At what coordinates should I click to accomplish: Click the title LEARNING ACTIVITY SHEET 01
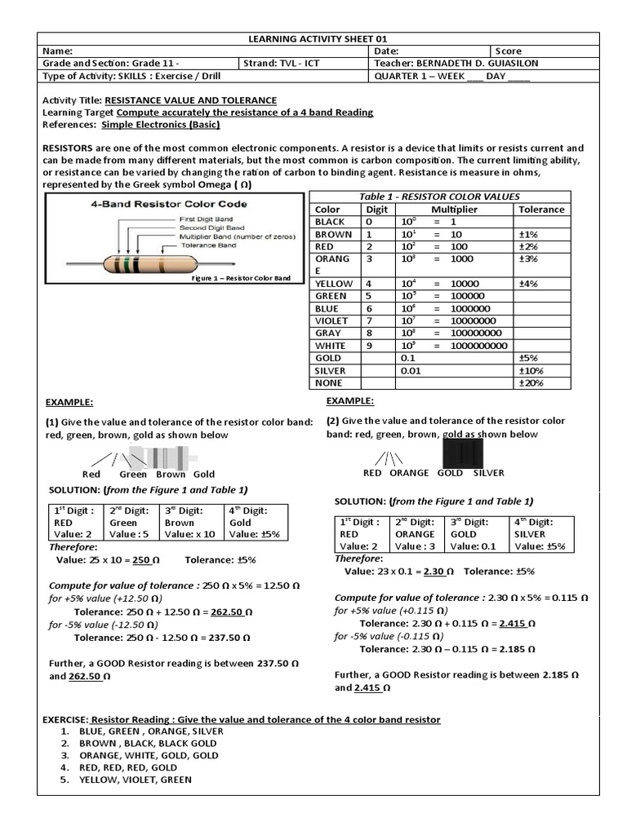[313, 38]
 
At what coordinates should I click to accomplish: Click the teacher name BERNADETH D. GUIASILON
[480, 64]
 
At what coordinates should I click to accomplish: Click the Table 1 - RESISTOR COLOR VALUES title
[439, 197]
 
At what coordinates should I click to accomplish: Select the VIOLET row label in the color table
[331, 320]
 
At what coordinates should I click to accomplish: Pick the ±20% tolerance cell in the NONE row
[531, 382]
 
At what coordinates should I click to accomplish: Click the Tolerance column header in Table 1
[541, 209]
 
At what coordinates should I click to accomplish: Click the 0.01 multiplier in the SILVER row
[410, 370]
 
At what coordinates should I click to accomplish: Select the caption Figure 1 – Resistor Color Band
[240, 278]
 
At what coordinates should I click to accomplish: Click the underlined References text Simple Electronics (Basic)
[161, 125]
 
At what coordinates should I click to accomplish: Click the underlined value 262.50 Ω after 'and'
[89, 676]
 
